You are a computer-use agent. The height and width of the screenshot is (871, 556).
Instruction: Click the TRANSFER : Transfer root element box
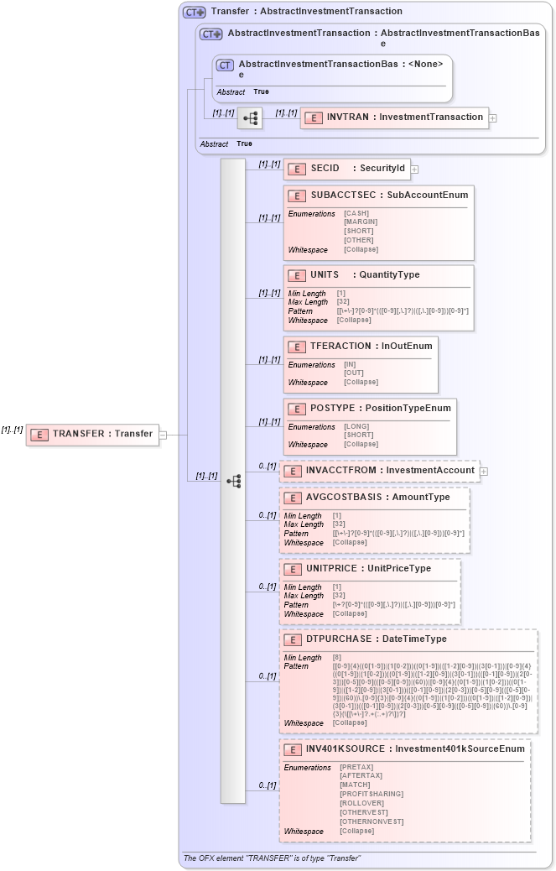point(92,434)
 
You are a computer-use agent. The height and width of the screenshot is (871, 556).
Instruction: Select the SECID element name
point(325,169)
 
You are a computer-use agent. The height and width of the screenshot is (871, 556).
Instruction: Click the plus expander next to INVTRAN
point(493,118)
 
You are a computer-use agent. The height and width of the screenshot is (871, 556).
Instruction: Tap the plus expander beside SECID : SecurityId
point(415,170)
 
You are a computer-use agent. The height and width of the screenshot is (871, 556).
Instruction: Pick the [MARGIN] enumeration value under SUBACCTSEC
point(361,222)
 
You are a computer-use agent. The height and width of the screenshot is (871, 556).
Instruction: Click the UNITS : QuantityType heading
point(365,274)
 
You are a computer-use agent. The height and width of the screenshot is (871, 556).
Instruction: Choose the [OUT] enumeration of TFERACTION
point(354,373)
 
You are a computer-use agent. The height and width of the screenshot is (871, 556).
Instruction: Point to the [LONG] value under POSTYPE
point(356,426)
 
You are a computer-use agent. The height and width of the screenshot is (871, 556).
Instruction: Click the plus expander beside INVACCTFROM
point(484,472)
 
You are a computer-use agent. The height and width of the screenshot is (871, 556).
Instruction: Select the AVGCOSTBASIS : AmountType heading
point(377,497)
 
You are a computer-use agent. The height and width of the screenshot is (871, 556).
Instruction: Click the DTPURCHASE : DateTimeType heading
point(376,639)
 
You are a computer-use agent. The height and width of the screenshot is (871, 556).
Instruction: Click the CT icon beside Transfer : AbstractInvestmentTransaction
point(194,12)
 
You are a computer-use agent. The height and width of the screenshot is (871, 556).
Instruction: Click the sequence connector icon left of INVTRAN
point(250,118)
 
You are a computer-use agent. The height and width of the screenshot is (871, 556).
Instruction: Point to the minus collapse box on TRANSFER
point(163,435)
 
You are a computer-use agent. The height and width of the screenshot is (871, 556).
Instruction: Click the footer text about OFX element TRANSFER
point(272,858)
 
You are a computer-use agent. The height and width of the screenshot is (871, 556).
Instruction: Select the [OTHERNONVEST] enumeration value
point(371,821)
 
